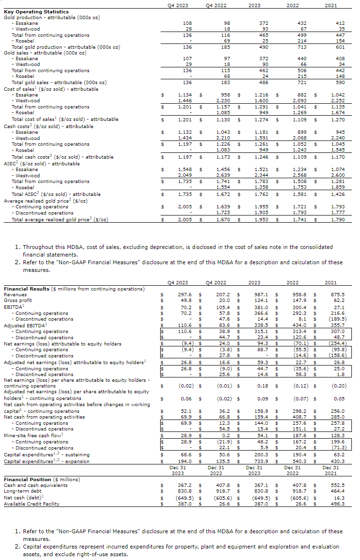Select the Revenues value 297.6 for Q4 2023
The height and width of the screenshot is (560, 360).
[185, 295]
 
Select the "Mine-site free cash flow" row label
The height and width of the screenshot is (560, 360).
[33, 435]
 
